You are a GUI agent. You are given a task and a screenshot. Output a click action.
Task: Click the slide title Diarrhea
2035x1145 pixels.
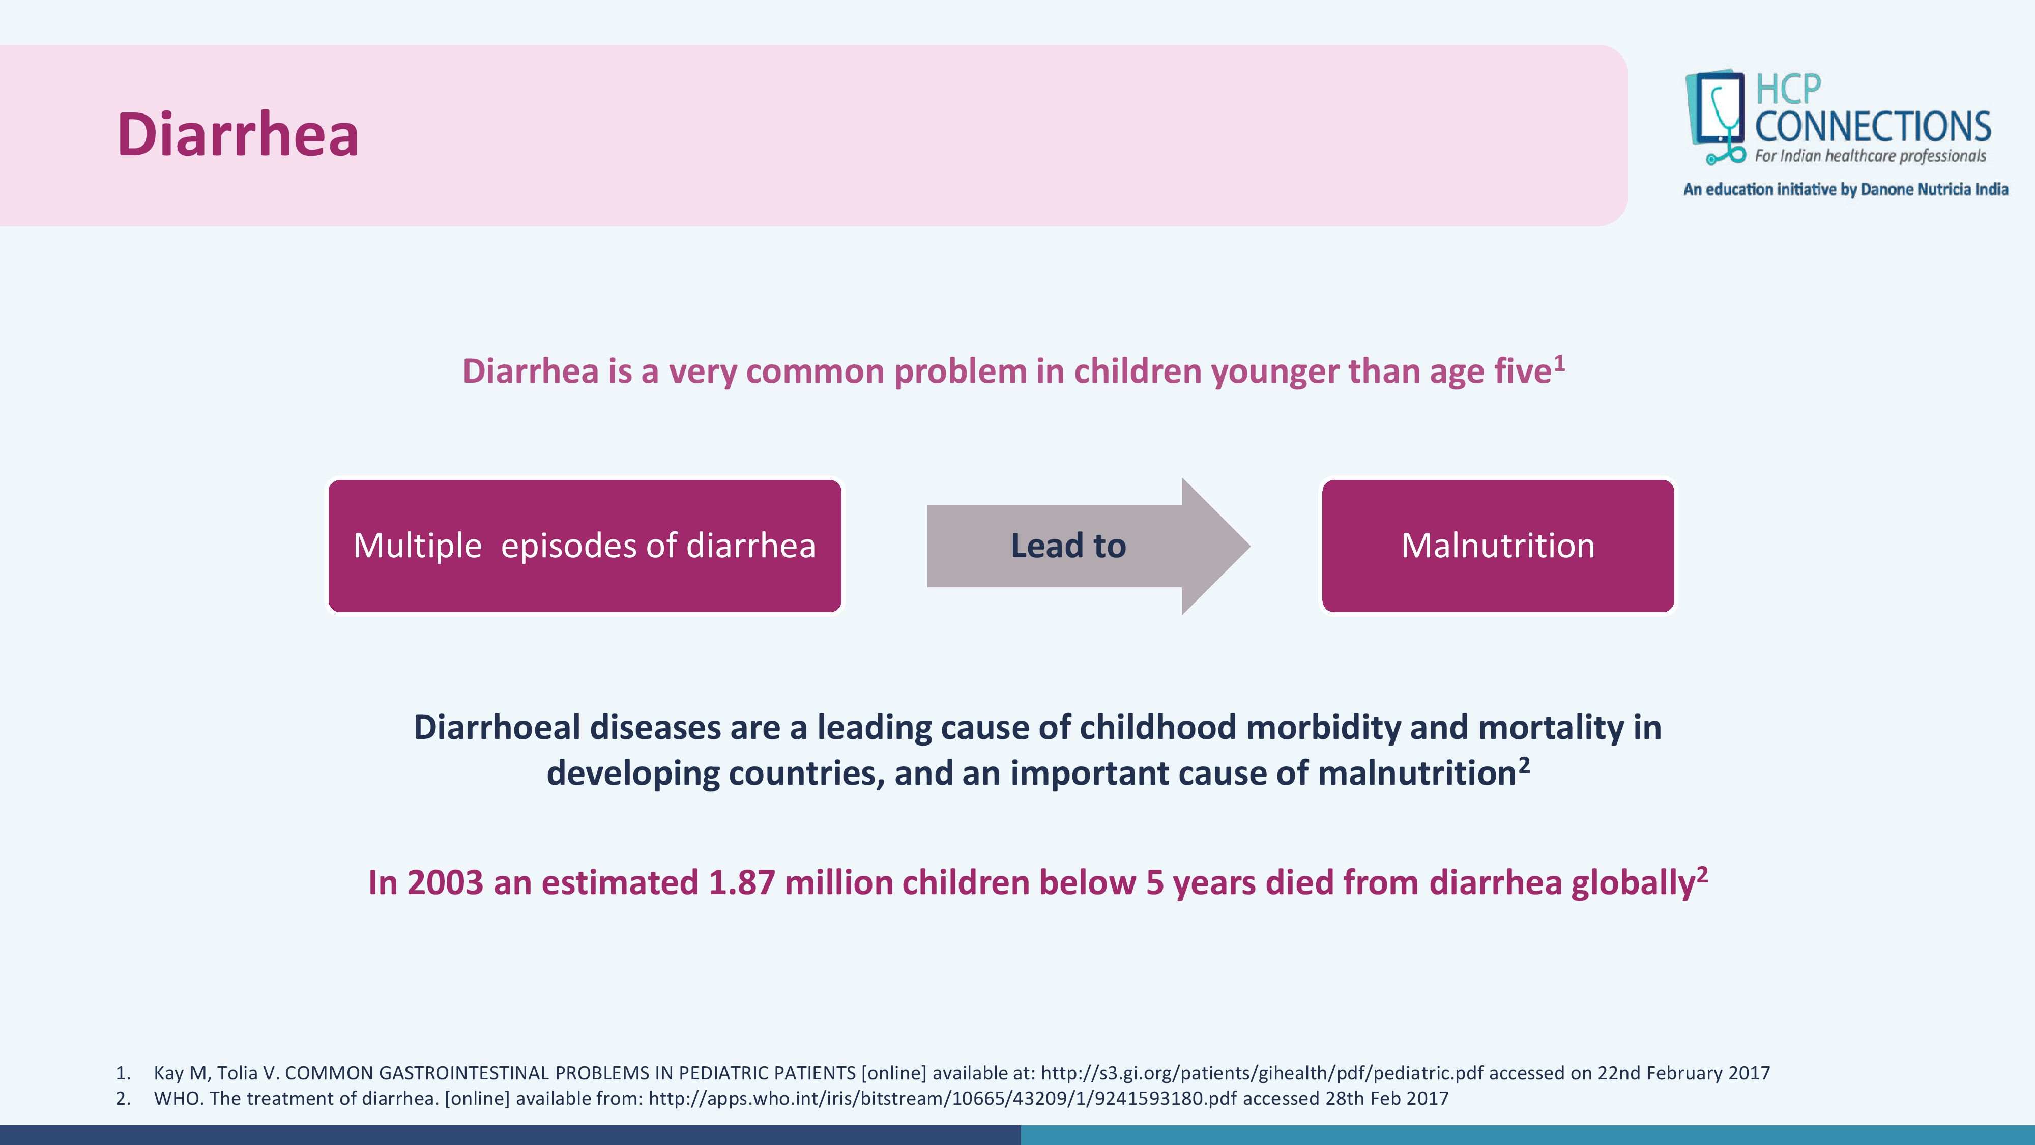[x=238, y=134]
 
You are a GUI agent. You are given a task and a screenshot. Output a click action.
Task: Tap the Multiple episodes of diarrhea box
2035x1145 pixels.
[x=585, y=545]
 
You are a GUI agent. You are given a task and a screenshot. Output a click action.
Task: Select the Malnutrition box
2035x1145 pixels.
[x=1498, y=545]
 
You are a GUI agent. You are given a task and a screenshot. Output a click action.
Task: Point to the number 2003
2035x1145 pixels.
[x=445, y=882]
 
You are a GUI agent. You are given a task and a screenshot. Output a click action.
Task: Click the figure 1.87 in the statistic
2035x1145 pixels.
[x=742, y=882]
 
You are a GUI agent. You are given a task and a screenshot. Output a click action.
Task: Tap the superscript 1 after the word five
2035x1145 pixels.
[x=1559, y=363]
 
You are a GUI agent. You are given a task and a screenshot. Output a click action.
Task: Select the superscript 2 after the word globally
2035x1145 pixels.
[x=1702, y=874]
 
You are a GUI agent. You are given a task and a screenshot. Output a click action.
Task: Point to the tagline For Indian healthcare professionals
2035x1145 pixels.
[x=1870, y=156]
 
